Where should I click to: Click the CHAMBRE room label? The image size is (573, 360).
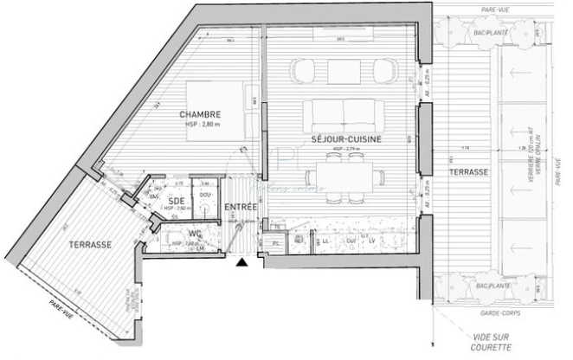[x=200, y=114]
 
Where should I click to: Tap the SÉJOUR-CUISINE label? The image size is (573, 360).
[x=347, y=138]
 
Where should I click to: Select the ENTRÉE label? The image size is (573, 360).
[x=239, y=208]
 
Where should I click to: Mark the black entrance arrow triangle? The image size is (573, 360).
[x=245, y=261]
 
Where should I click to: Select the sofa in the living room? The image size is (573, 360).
[x=344, y=114]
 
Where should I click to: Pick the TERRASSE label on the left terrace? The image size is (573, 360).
[x=89, y=245]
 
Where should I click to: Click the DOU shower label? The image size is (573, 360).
[x=204, y=196]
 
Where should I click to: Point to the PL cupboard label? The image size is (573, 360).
[x=276, y=245]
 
